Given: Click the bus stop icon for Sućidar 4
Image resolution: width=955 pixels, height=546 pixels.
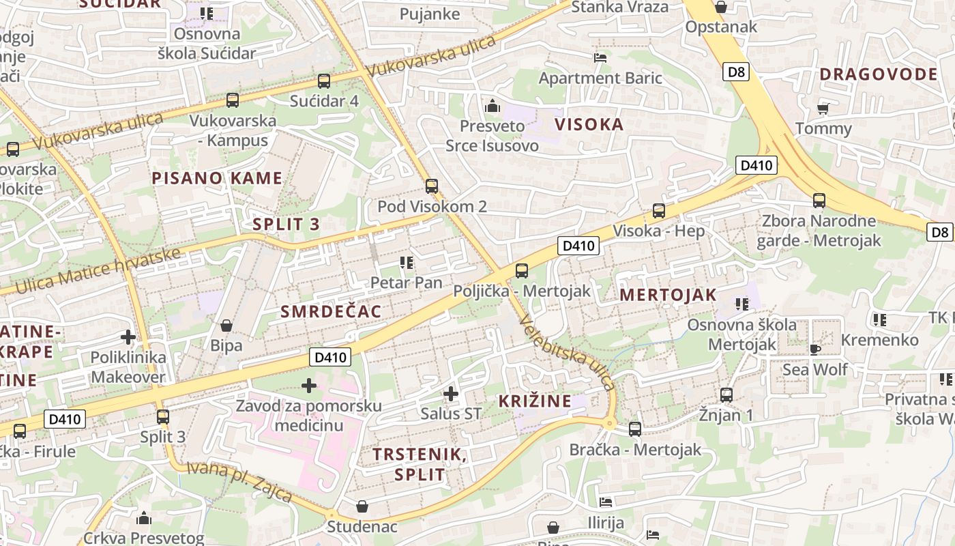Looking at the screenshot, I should (x=324, y=81).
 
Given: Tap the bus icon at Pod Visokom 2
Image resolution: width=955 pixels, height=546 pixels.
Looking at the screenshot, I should (x=431, y=186).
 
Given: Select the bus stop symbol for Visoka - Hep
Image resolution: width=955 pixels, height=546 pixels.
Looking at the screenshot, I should (x=658, y=210).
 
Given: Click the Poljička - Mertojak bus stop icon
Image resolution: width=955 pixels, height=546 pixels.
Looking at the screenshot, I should (x=522, y=270).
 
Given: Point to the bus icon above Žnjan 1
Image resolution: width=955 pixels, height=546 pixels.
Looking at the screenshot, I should (x=726, y=394).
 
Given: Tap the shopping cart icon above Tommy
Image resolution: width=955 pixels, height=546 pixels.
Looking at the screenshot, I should (x=823, y=108).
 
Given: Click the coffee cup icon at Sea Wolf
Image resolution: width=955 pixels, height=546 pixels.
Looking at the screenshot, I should (x=814, y=349).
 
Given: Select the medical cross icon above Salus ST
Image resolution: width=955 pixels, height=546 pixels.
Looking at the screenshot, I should (x=450, y=393).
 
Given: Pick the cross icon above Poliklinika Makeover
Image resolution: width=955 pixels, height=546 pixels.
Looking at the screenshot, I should (x=128, y=336).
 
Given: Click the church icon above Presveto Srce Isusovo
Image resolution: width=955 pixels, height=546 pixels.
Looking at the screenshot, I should (x=492, y=106).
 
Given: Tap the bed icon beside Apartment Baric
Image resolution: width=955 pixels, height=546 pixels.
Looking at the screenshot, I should (x=600, y=57).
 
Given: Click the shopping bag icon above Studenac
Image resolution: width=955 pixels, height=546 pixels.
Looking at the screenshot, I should (x=362, y=506).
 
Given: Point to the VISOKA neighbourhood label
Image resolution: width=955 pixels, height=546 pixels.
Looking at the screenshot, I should (x=589, y=124).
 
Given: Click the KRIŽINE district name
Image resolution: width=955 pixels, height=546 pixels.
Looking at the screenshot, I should (x=535, y=401).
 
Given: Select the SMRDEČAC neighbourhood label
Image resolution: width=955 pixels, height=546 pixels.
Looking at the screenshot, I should (x=331, y=311).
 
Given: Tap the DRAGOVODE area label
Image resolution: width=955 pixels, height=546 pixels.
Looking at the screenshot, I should (x=879, y=74).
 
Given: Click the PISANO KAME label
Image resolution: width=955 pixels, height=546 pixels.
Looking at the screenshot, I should (x=217, y=179).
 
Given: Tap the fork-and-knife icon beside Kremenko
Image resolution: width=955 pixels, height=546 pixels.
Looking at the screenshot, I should (x=879, y=319).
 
